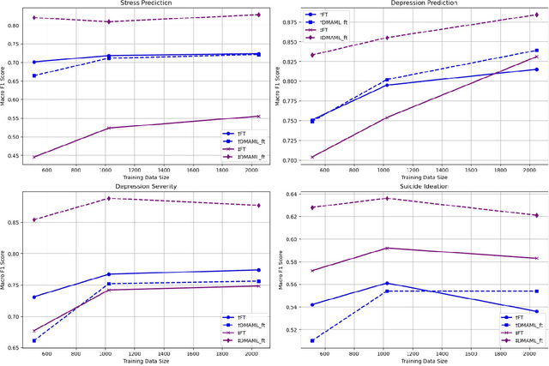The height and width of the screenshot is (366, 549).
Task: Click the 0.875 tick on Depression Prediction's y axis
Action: click(x=287, y=21)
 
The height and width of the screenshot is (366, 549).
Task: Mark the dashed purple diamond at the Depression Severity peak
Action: click(x=109, y=199)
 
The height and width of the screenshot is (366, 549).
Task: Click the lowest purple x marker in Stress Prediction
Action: click(x=34, y=157)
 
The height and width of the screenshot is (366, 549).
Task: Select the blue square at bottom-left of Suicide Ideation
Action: click(x=311, y=340)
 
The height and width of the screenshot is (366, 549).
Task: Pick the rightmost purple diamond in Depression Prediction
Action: click(x=536, y=15)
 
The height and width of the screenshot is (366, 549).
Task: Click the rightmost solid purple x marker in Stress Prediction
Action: click(x=258, y=117)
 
